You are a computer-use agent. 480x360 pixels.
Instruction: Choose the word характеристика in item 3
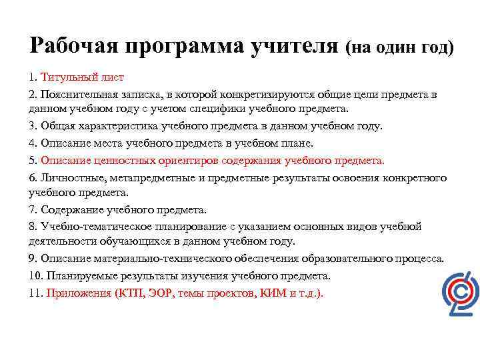[x=117, y=127]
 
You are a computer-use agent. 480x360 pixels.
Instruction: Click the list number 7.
[x=33, y=209]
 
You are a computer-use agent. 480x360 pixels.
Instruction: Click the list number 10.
[x=36, y=275]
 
